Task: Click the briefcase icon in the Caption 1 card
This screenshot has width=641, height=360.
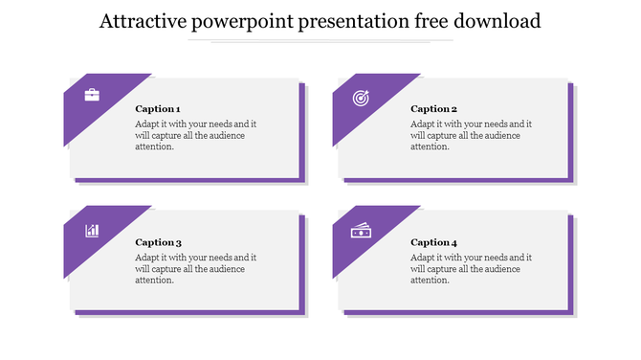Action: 92,95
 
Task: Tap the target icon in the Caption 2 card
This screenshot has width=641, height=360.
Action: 361,97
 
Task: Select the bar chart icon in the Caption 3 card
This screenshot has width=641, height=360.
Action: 92,230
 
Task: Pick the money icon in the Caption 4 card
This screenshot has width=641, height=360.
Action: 361,231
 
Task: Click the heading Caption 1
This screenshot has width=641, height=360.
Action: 158,109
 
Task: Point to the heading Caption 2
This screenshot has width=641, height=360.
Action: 433,109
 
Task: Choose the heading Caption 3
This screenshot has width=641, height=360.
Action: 158,242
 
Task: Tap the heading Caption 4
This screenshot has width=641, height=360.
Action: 433,242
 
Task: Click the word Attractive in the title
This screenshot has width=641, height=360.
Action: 142,21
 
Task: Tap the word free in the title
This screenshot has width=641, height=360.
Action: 437,21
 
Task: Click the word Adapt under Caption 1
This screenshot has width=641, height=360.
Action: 147,124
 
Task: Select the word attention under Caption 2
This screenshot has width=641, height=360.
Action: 431,146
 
